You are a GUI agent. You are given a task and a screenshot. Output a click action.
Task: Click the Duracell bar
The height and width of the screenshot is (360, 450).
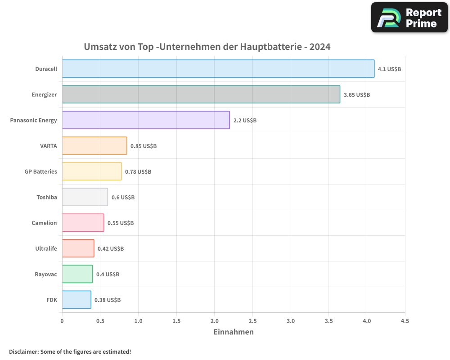[x=218, y=69]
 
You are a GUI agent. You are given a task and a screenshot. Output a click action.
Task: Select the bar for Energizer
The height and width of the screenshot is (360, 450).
[x=201, y=94]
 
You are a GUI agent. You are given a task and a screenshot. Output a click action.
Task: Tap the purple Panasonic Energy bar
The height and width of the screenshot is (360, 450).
[x=146, y=120]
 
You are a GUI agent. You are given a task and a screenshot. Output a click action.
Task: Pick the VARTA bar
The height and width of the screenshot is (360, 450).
[x=94, y=146]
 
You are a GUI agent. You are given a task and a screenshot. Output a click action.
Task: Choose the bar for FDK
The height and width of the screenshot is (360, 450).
[x=76, y=300]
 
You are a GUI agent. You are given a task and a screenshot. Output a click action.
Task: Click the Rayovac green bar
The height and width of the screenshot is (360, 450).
[x=77, y=274]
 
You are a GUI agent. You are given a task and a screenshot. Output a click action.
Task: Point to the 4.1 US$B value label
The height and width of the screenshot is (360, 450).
[x=389, y=69]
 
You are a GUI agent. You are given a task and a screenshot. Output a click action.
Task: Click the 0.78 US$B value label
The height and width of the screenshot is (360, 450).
[x=138, y=172]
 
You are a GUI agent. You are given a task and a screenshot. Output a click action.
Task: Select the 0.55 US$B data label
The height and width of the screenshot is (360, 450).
[x=121, y=223]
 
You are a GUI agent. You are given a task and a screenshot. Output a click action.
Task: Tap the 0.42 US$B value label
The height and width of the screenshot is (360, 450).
[x=111, y=249]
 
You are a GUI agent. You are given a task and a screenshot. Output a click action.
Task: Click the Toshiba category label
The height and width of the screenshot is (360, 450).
[x=47, y=198]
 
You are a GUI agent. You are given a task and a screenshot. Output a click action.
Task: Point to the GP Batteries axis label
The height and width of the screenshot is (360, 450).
[x=41, y=172]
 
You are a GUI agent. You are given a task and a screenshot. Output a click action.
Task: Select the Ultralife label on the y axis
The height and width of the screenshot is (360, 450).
[x=46, y=249]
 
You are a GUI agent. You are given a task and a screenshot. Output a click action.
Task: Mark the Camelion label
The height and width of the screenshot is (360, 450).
[x=45, y=223]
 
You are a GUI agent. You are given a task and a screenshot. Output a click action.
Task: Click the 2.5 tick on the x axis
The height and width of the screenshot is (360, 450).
[x=252, y=321]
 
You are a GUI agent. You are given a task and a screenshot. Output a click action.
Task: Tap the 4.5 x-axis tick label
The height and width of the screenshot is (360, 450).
[x=405, y=321]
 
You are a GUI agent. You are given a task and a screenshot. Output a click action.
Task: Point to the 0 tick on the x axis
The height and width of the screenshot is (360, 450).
[x=62, y=321]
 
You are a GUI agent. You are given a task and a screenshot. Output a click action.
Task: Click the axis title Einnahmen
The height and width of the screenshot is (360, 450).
[x=233, y=332]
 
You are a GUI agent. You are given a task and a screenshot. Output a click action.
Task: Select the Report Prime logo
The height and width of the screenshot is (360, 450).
[x=409, y=18]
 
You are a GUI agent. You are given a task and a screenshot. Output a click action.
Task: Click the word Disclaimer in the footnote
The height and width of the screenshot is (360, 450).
[x=23, y=352]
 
